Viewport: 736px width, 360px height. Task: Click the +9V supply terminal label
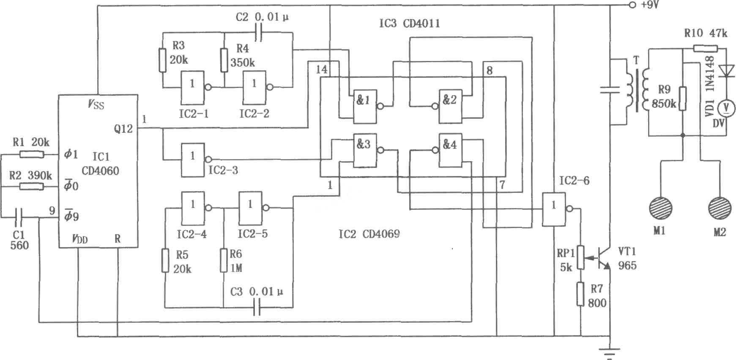[x=650, y=5]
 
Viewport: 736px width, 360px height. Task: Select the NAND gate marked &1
[x=365, y=107]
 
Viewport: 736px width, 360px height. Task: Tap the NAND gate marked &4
[x=450, y=150]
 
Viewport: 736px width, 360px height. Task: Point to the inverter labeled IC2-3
[x=193, y=159]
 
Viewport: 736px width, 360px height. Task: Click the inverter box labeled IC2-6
[x=554, y=209]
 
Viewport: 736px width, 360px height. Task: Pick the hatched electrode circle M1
[x=660, y=209]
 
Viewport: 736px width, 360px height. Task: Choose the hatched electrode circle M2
[x=720, y=209]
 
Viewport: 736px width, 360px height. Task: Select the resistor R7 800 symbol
[x=581, y=294]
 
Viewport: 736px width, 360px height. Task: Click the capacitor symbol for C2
[x=259, y=33]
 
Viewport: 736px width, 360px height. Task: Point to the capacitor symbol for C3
[x=257, y=308]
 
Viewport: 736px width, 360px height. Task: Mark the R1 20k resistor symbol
[x=32, y=155]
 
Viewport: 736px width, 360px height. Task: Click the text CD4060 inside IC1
[x=100, y=171]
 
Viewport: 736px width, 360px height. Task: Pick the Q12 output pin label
[x=123, y=129]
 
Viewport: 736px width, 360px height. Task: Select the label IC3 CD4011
[x=409, y=23]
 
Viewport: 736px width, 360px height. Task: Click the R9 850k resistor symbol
[x=682, y=99]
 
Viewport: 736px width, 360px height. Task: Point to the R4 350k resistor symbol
[x=224, y=60]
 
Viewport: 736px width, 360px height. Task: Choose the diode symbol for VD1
[x=727, y=71]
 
